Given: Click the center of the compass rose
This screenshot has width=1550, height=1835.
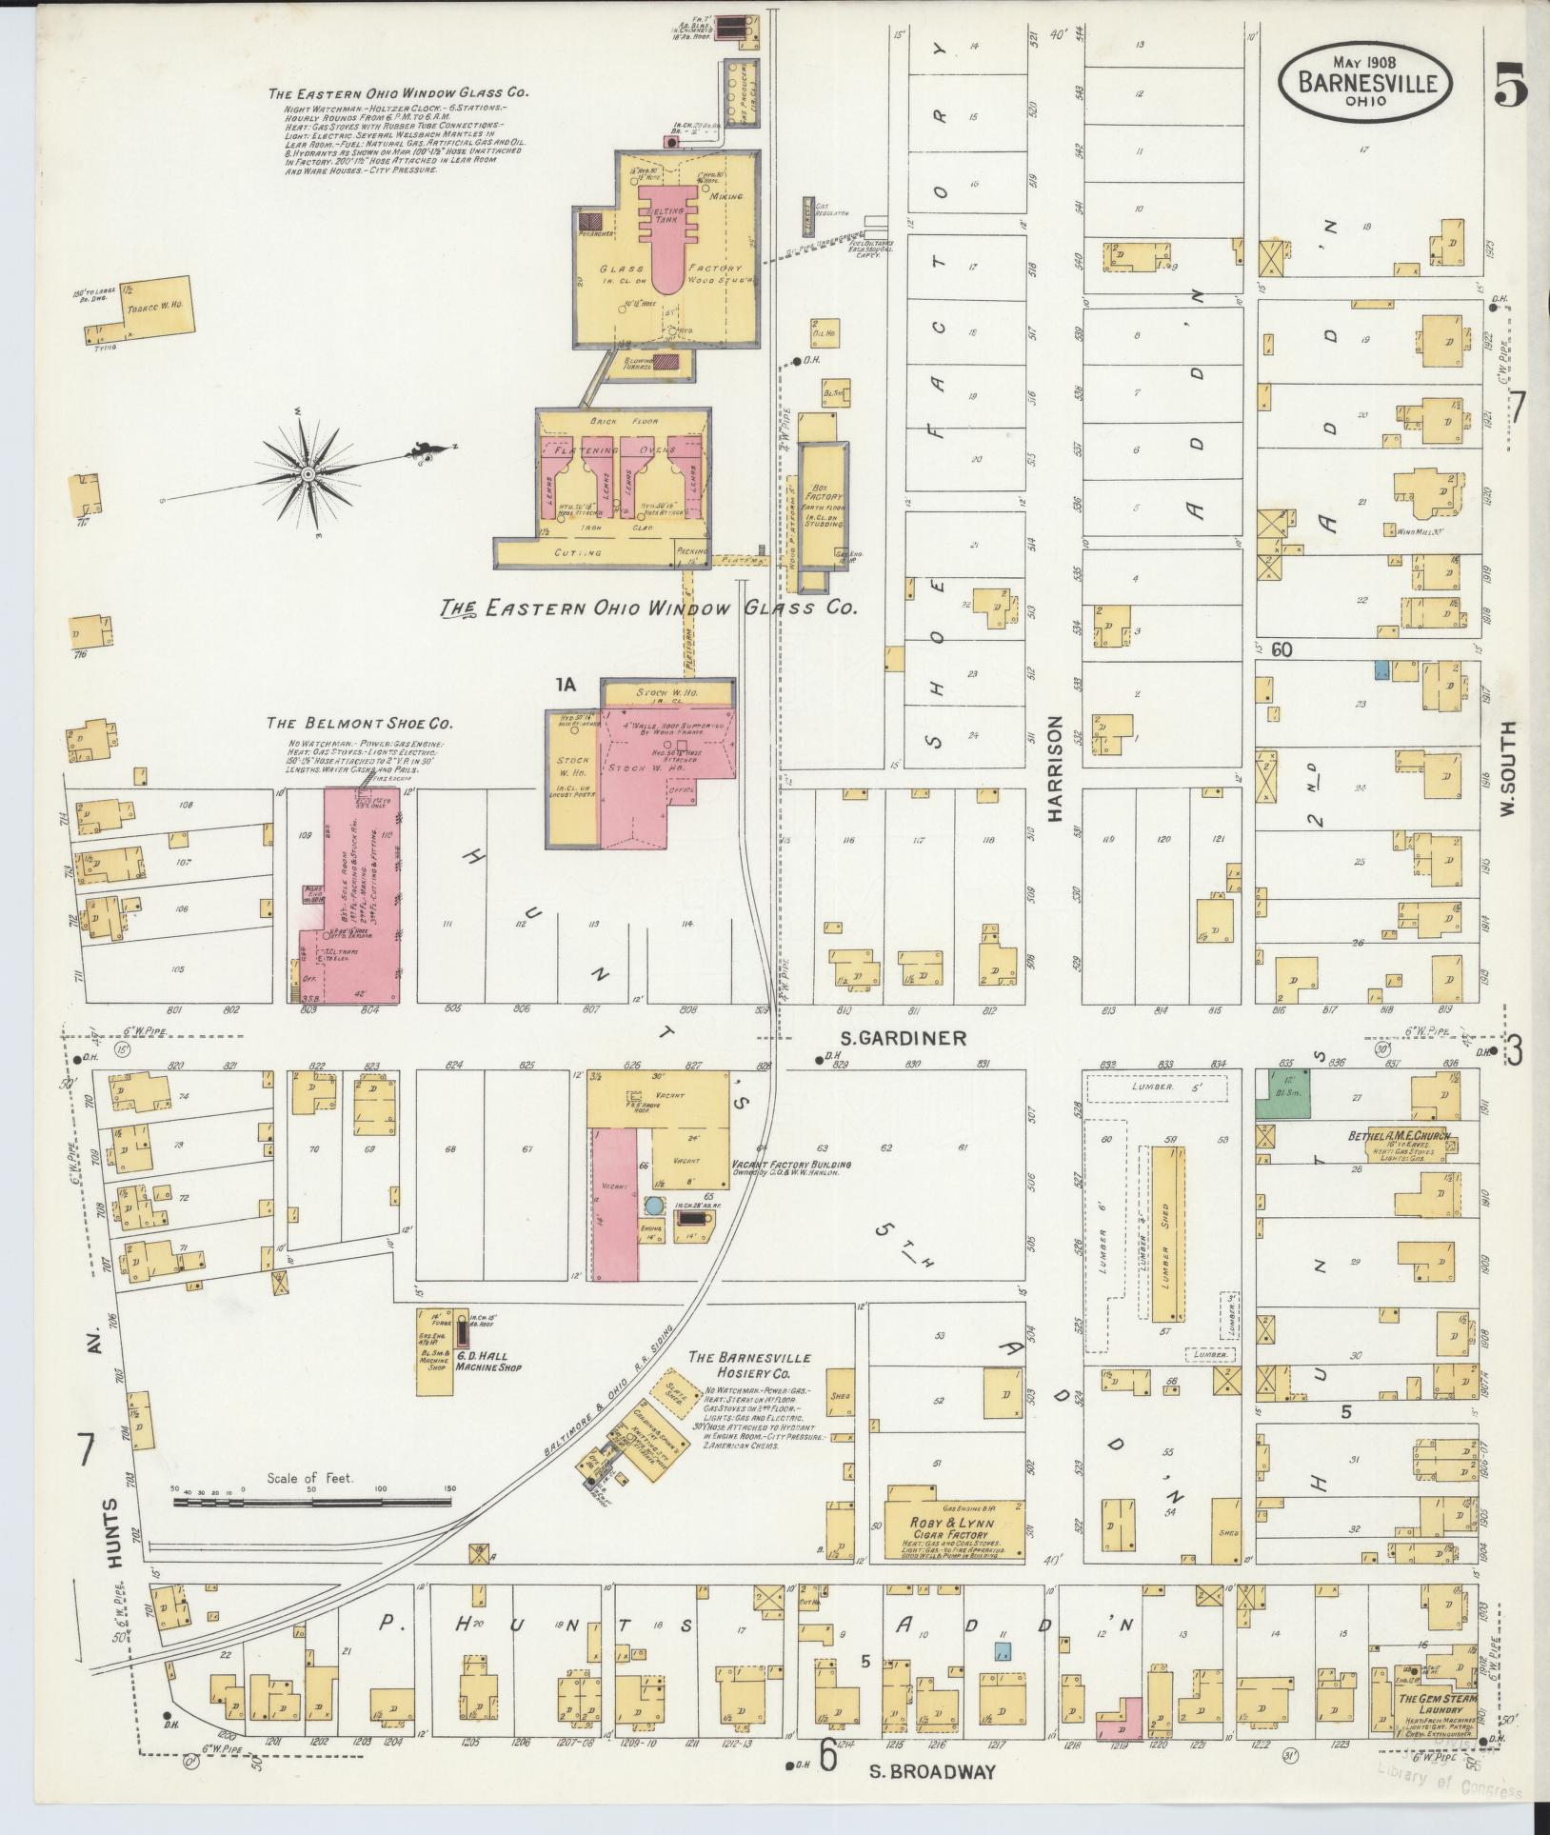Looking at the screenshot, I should pyautogui.click(x=308, y=473).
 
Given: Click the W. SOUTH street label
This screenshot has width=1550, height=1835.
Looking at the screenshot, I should pyautogui.click(x=1507, y=768).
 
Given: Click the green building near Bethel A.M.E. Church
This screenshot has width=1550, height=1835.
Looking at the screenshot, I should pyautogui.click(x=1282, y=1092).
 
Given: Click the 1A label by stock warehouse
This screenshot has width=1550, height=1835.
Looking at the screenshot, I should pyautogui.click(x=567, y=682).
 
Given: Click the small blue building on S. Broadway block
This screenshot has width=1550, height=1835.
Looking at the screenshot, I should pyautogui.click(x=1001, y=1650).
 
